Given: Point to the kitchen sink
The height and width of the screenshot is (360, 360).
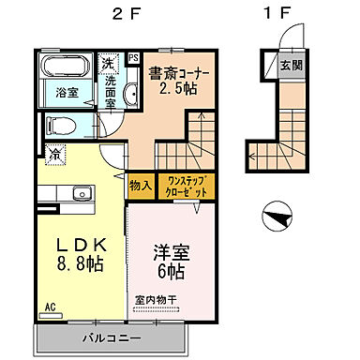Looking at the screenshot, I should (82, 195).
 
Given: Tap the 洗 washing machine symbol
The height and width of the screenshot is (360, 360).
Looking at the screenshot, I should (108, 65).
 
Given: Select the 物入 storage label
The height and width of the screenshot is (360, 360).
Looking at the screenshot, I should (141, 185).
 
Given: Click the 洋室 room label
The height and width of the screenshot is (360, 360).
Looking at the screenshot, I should (171, 253).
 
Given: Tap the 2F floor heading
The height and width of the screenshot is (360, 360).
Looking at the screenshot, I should (127, 15).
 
